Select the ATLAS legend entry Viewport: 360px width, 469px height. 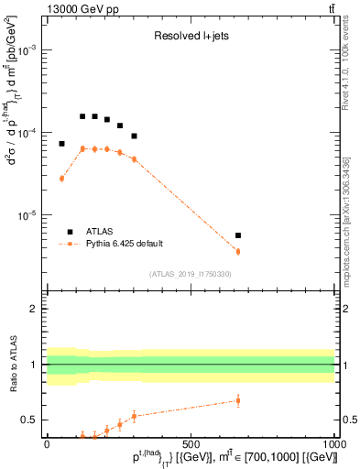101,232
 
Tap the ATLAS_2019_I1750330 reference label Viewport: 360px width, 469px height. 190,274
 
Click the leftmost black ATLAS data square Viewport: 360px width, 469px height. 61,144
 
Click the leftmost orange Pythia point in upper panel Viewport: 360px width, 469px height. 61,179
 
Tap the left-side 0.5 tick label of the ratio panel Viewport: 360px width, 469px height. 28,420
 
